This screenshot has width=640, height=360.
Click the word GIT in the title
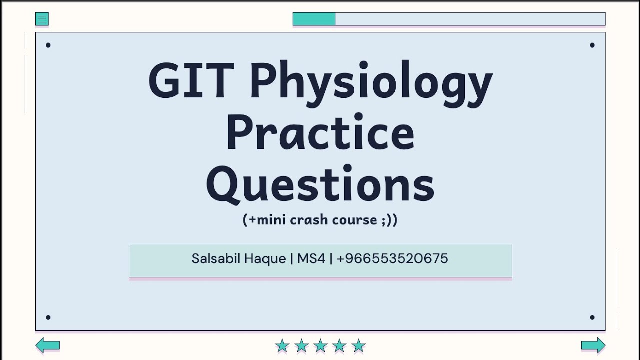[191, 81]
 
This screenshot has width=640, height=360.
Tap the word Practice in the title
[320, 132]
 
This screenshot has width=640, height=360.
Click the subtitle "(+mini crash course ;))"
[320, 220]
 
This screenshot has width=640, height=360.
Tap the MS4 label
[311, 259]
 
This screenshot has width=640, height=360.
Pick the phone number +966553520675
[392, 259]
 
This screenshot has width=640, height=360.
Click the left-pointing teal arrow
[48, 345]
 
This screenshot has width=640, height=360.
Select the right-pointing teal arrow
[593, 345]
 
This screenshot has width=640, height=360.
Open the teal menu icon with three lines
[42, 19]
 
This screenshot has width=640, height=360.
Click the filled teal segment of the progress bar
[314, 19]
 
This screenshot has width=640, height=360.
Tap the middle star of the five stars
[320, 345]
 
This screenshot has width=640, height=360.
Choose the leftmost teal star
[282, 345]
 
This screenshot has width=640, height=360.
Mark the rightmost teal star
[359, 345]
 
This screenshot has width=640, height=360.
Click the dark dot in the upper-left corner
[48, 45]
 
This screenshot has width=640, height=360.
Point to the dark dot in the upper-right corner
[592, 45]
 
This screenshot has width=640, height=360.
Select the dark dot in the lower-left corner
[48, 317]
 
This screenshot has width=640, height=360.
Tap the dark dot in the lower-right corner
[592, 317]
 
